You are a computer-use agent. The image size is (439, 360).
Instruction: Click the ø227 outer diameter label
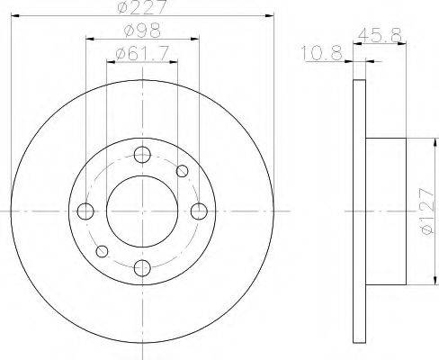click(x=142, y=6)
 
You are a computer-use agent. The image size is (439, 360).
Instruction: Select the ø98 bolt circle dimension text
click(x=142, y=31)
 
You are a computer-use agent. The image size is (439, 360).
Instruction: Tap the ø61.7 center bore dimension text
click(x=142, y=54)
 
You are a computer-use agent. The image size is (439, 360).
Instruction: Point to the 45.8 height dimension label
click(x=380, y=35)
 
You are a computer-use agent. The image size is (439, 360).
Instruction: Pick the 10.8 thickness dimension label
click(x=322, y=53)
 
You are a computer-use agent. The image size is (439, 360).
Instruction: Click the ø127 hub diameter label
click(x=426, y=211)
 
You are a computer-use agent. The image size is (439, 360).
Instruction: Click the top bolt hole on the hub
click(x=142, y=155)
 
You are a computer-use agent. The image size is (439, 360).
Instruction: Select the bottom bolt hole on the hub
click(x=142, y=268)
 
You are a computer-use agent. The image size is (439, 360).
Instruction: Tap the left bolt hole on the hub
click(x=85, y=211)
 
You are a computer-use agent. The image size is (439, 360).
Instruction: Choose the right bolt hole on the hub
click(x=199, y=211)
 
